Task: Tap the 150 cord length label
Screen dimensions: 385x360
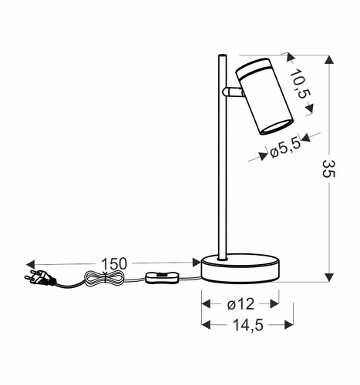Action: coord(113,263)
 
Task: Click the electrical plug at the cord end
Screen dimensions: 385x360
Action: coord(39,279)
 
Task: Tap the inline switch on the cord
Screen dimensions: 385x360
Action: coord(163,278)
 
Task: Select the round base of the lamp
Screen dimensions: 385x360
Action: coord(240,269)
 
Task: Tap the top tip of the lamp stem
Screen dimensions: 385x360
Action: coord(222,55)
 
